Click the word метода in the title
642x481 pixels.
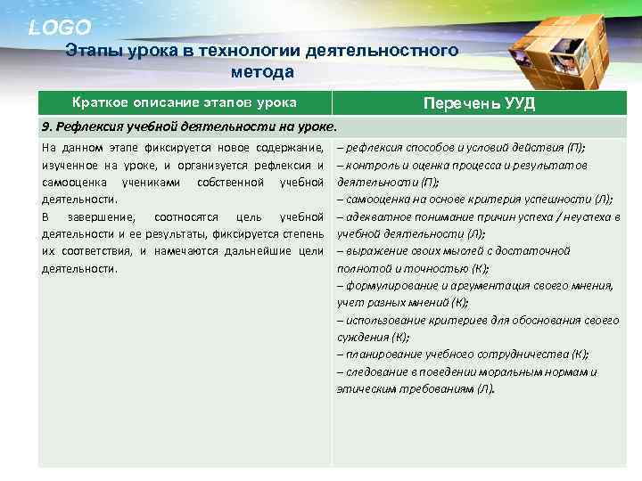[x=262, y=71]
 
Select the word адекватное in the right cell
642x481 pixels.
[x=378, y=216]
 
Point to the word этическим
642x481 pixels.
[x=366, y=389]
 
